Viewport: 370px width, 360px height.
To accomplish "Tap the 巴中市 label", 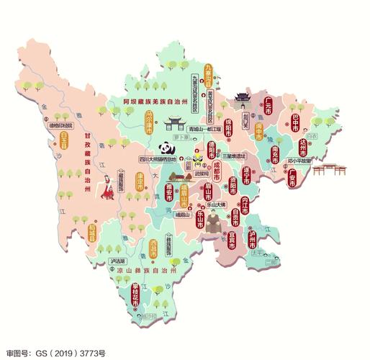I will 295,124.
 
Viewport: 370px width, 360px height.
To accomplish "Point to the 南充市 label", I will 275,156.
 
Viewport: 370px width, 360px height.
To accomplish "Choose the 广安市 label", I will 292,178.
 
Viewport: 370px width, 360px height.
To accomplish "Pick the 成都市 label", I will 216,173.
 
